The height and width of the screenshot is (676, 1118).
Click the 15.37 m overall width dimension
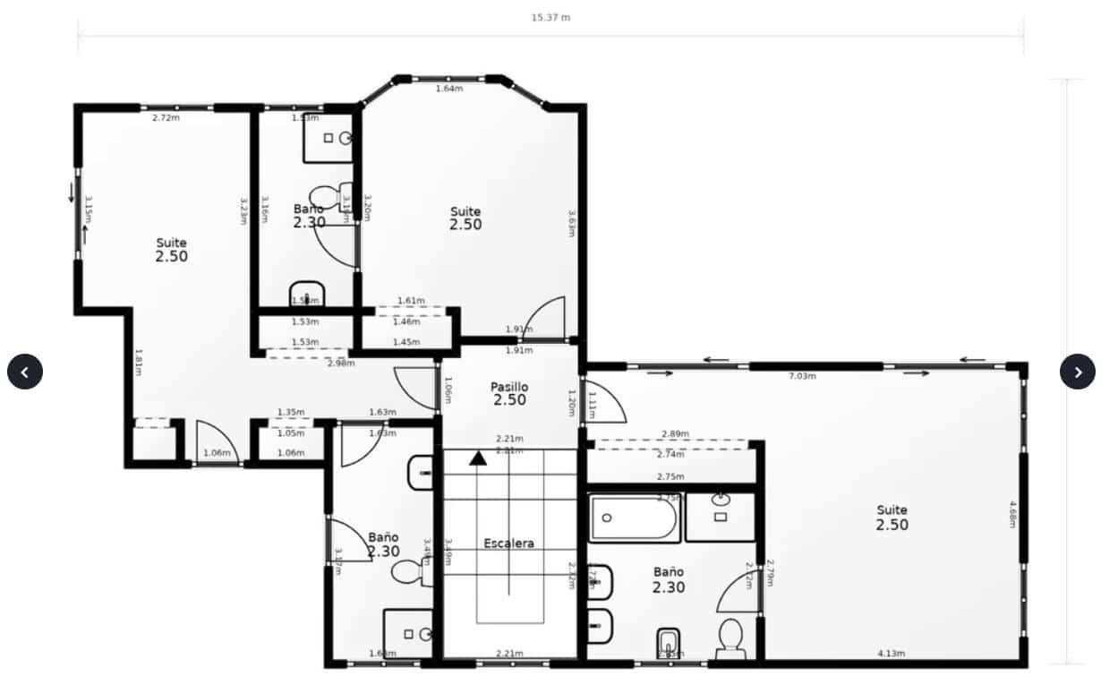click(x=550, y=18)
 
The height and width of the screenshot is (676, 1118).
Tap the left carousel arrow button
click(x=25, y=372)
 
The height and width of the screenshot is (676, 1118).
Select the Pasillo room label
click(x=509, y=387)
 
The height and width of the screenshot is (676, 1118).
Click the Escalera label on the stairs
click(x=509, y=543)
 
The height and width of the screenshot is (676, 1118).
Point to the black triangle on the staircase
click(x=479, y=458)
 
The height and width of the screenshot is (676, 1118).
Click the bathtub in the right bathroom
click(x=635, y=518)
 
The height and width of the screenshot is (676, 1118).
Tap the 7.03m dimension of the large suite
click(x=802, y=376)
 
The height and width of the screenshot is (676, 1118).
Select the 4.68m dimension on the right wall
click(x=1012, y=513)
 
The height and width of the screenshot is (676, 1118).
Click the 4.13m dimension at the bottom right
click(x=891, y=654)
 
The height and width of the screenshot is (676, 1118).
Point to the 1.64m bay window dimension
click(x=449, y=89)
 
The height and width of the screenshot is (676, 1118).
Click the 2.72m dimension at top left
click(x=166, y=117)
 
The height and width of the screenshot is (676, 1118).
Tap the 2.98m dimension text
click(x=341, y=363)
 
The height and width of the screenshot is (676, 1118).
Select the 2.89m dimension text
click(x=675, y=434)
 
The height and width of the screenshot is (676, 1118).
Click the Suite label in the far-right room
click(x=892, y=510)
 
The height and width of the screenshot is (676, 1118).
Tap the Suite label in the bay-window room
click(x=465, y=212)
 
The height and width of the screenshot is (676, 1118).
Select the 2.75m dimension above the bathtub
click(x=670, y=477)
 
